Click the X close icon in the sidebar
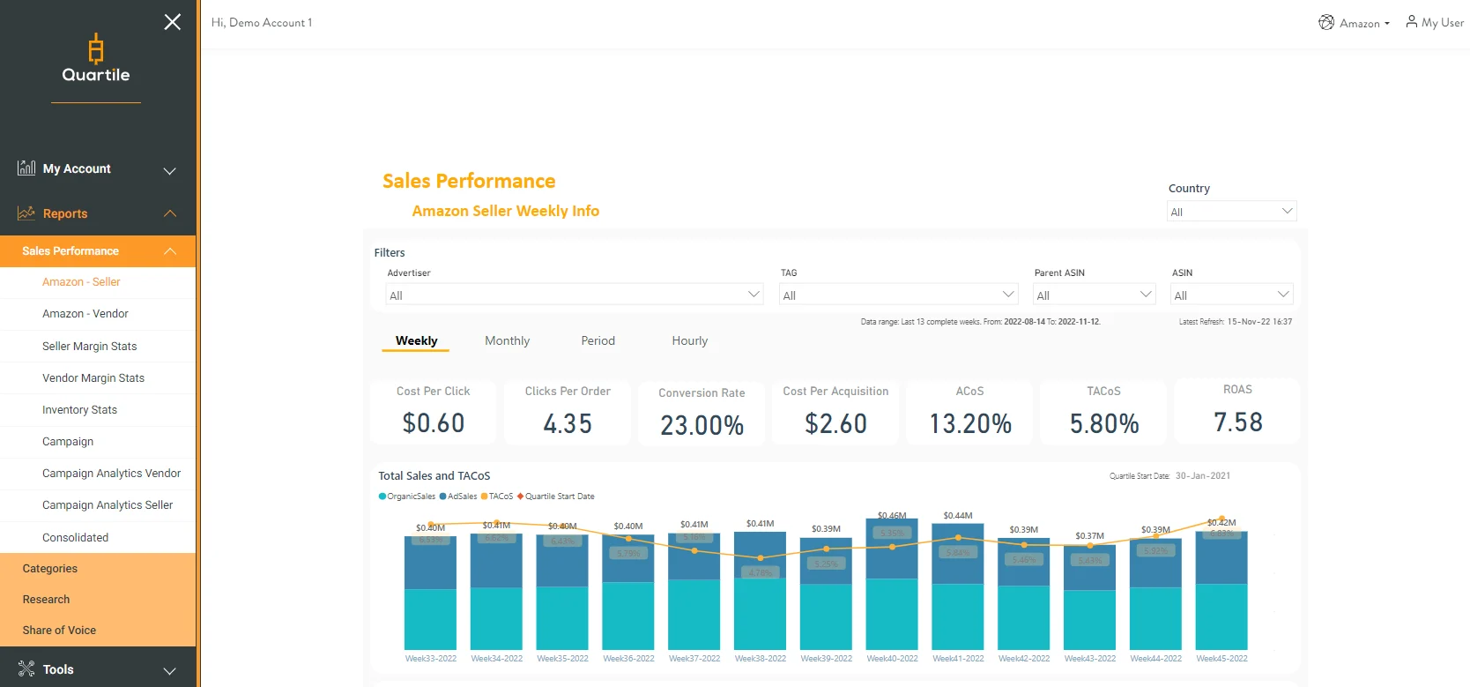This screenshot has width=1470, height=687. pyautogui.click(x=172, y=22)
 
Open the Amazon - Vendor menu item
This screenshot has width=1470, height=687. pyautogui.click(x=85, y=314)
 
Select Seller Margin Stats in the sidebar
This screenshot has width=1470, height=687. pyautogui.click(x=90, y=347)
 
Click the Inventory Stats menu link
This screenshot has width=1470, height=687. pyautogui.click(x=80, y=410)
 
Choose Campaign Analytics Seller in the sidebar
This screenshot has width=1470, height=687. pyautogui.click(x=108, y=505)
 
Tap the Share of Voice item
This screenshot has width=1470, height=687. pyautogui.click(x=59, y=631)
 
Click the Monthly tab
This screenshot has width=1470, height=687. pyautogui.click(x=507, y=341)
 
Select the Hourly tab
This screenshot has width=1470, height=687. pyautogui.click(x=689, y=341)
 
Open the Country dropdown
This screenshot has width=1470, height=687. pyautogui.click(x=1231, y=212)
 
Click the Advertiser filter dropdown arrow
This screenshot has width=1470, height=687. pyautogui.click(x=754, y=295)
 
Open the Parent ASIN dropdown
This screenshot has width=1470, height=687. pyautogui.click(x=1094, y=295)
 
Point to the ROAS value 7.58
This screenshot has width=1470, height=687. pyautogui.click(x=1237, y=422)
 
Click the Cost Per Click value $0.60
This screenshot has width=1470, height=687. pyautogui.click(x=433, y=423)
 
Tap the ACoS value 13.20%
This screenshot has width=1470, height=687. pyautogui.click(x=969, y=424)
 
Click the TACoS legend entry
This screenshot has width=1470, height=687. pyautogui.click(x=499, y=497)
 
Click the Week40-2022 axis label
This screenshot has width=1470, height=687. pyautogui.click(x=892, y=659)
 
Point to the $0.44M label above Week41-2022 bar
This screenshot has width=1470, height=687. pyautogui.click(x=957, y=516)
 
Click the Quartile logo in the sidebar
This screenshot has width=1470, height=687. pyautogui.click(x=96, y=59)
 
